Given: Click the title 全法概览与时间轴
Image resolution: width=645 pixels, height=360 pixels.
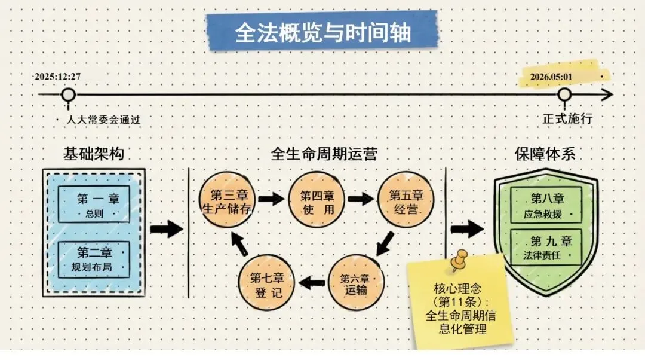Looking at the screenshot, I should [322, 32].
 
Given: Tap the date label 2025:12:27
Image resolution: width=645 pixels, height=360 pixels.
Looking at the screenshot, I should [57, 77].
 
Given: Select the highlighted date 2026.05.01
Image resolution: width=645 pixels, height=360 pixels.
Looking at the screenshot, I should [551, 77].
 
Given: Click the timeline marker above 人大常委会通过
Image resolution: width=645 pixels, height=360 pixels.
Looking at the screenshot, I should [69, 95].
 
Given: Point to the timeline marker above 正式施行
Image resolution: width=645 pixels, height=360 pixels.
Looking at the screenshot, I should [564, 95].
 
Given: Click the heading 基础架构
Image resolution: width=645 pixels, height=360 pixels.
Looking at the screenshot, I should [94, 154].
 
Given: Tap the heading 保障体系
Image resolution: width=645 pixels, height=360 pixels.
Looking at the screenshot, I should [545, 154].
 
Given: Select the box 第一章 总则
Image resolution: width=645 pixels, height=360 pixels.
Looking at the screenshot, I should [94, 205].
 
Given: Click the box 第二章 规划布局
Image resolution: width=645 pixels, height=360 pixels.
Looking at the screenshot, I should [94, 258].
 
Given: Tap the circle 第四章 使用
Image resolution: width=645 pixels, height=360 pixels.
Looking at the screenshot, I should [317, 200].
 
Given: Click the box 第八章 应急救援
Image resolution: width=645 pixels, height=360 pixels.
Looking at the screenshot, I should [546, 205].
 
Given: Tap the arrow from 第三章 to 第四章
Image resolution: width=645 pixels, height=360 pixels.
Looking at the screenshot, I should [271, 199].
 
